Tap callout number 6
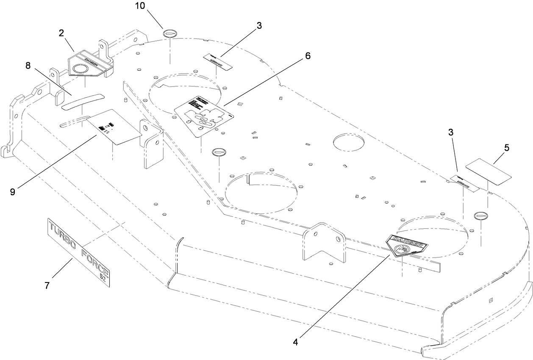click(x=308, y=55)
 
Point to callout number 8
click(x=28, y=65)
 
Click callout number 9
click(x=13, y=191)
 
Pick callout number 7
click(x=47, y=286)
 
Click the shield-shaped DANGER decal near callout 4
click(x=406, y=246)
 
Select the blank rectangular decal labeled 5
click(x=489, y=171)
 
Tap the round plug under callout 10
click(x=169, y=33)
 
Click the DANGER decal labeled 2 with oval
click(x=90, y=65)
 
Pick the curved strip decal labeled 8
click(x=83, y=102)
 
